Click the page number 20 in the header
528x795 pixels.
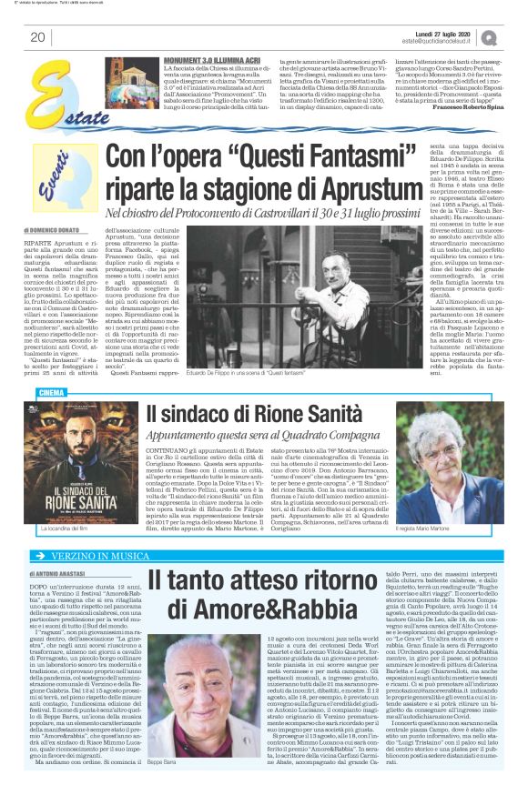point(38,37)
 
